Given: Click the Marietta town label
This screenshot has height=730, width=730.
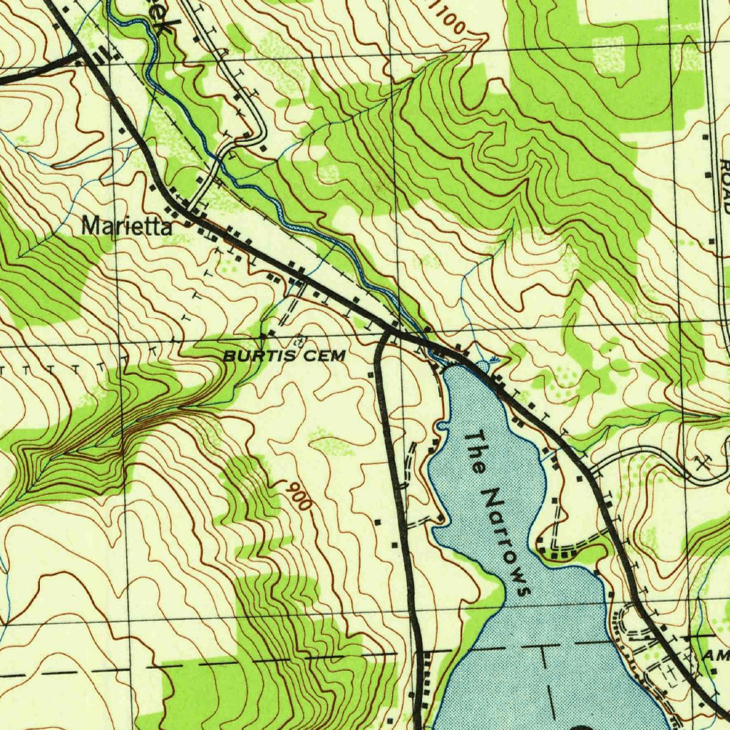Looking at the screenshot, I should (127, 227).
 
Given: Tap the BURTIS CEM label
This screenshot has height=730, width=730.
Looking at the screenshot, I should (284, 355).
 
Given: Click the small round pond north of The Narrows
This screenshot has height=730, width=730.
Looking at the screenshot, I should (483, 365).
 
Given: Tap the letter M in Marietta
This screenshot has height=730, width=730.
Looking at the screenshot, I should (91, 227).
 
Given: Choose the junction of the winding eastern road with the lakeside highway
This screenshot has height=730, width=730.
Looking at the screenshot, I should (593, 471).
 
